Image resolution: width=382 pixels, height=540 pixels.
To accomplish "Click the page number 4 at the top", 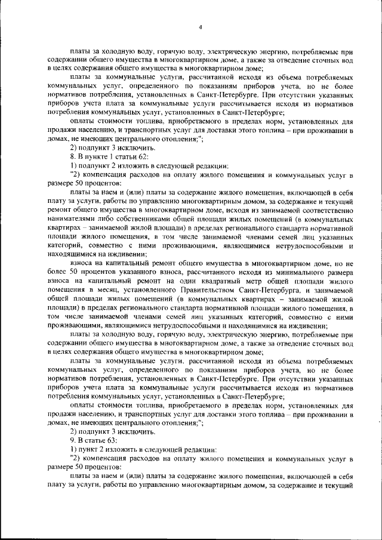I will pos(201,26).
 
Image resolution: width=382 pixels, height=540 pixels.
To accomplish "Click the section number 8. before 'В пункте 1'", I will pos(73,156).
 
